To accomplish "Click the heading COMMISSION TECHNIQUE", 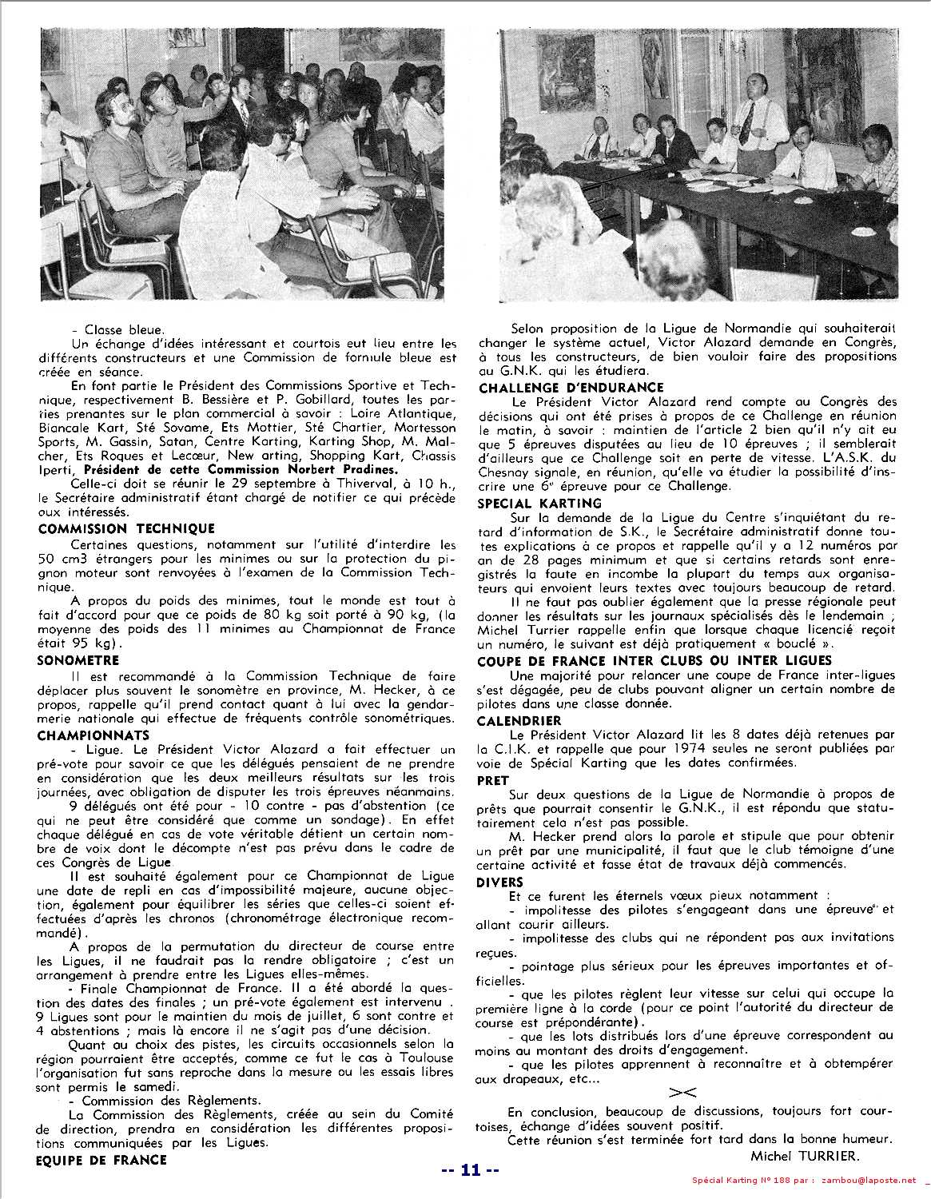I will (x=126, y=528).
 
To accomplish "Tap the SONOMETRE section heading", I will (x=78, y=660).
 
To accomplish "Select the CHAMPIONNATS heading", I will (x=93, y=735).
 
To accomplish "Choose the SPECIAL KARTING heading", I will (x=539, y=503).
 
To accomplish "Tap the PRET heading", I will (x=494, y=779).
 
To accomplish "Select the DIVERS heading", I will (x=500, y=882).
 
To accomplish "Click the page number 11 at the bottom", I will (x=470, y=1171).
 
